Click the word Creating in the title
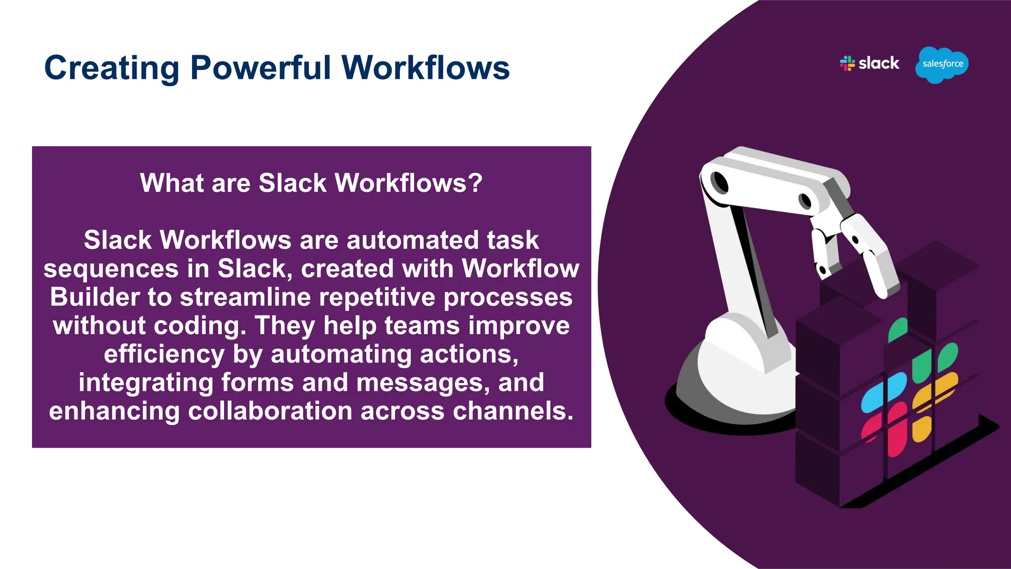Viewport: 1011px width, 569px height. (x=112, y=68)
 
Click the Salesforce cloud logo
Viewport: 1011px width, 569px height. (x=942, y=64)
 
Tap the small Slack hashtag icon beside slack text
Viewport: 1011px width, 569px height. (x=847, y=63)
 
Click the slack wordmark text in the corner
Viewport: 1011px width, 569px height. (x=879, y=63)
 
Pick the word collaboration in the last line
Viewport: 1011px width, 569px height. (x=270, y=411)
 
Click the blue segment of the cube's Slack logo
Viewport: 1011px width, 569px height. (x=884, y=392)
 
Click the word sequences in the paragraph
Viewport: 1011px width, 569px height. (x=111, y=269)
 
